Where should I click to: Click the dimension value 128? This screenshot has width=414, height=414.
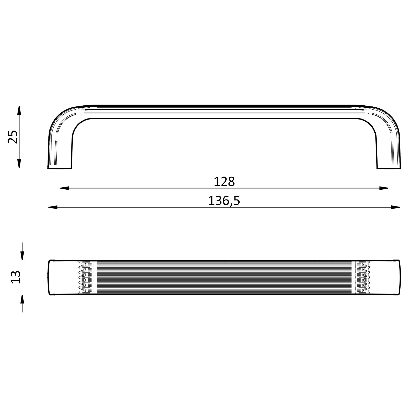[224, 182]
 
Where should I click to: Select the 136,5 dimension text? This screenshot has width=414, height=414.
[224, 201]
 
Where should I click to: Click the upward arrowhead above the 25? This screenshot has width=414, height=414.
[19, 110]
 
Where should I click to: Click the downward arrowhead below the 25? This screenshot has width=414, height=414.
[19, 164]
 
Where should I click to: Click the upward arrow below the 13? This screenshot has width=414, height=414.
[22, 299]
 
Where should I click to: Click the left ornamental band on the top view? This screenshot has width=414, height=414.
[85, 277]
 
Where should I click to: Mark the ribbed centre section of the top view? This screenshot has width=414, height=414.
[224, 277]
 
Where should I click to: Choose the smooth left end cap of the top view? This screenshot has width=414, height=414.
[63, 277]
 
